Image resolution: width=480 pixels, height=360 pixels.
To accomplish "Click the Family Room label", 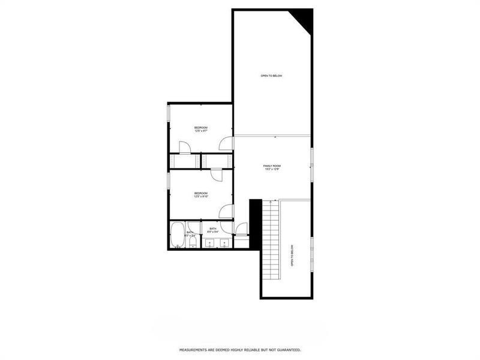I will pos(272,167).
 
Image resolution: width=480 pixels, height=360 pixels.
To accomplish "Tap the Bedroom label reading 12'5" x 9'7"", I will pos(200,129).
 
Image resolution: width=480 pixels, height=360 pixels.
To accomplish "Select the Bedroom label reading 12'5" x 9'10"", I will pos(200,194).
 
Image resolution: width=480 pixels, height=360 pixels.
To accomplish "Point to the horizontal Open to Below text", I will pos(271,76).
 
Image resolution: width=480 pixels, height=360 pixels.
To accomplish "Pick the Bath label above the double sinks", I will pos(212,230).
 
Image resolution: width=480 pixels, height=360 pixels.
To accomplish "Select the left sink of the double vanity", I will pos(209,242).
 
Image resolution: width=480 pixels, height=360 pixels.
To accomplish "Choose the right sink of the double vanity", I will pos(224,242).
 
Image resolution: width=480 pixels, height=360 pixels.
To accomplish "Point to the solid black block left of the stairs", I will pos(255,222).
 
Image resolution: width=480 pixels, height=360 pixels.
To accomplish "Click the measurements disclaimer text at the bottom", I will pos(240,349).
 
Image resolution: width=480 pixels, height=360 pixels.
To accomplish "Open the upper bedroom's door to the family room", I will pos(226,143).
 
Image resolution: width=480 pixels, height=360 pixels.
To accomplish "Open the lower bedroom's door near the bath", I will pos(226,211).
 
